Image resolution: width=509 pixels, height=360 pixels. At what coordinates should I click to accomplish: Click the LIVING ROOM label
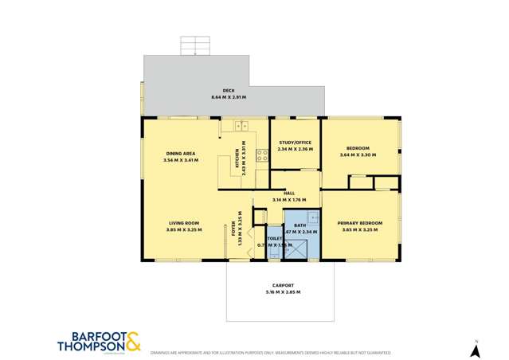point(184,223)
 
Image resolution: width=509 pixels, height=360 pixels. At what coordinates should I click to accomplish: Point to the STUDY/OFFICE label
point(295,143)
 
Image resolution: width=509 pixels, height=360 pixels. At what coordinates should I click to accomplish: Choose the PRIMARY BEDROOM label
point(359,223)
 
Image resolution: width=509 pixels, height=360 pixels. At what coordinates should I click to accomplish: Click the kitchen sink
point(241,125)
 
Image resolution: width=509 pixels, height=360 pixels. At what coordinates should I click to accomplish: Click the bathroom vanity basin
point(314,217)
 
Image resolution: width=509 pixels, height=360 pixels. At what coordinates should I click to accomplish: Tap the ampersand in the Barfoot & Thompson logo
point(132,340)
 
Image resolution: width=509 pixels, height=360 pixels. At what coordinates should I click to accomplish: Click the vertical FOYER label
point(234,227)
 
